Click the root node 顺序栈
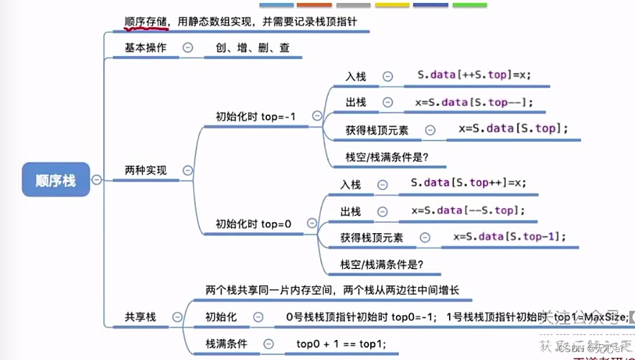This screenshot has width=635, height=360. coord(55,180)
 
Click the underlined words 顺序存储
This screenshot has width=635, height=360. coord(146,22)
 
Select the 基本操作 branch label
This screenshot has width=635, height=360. coord(146,48)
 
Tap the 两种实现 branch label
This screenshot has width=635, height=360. coord(146,171)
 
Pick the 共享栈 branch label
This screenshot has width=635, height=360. coord(141,317)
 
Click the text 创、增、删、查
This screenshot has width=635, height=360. coord(248,48)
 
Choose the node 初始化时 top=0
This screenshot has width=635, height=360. coord(254,224)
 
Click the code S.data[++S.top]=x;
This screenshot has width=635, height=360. coord(474,75)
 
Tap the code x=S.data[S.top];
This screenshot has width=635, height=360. coord(513,128)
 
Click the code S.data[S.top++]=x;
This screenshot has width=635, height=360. coord(469,183)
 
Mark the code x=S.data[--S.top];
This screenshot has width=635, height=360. coord(469,210)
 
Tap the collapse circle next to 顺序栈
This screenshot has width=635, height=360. coord(97,180)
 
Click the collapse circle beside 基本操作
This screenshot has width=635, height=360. coord(188,48)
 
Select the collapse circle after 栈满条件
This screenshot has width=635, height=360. coord(268,344)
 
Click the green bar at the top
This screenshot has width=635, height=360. coord(470,5)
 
